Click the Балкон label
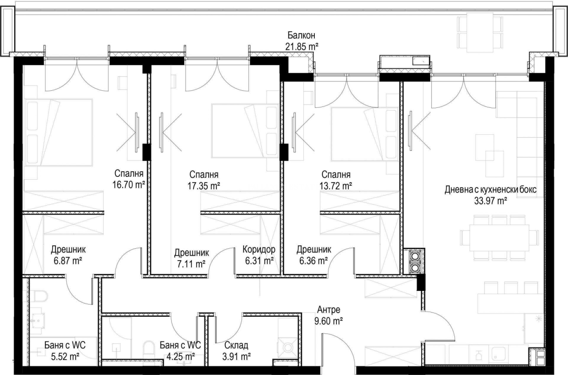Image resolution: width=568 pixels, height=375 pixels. pos(302,35)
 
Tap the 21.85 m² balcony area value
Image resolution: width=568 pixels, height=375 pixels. pos(302,47)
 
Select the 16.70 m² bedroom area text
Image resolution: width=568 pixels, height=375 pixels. pos(129,185)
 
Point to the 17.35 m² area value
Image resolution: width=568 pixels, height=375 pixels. pos(204,186)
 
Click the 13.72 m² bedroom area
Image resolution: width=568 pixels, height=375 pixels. pos(336,186)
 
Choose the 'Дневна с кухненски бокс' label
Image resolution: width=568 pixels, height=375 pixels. pos(490,190)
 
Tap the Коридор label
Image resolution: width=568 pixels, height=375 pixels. pos(259,249)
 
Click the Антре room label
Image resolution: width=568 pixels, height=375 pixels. pos(328,309)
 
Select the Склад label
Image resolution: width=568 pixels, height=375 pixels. pos(236,345)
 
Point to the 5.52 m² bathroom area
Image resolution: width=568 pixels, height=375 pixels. pos(65,357)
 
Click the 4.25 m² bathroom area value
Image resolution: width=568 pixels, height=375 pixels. pos(180,357)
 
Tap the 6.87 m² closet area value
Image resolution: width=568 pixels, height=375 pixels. pos(68,261)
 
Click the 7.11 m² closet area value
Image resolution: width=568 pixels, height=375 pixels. pos(191,264)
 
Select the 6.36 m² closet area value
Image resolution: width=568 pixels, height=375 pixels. pos(314,261)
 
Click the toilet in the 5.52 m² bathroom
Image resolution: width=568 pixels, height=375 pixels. pos(41,297)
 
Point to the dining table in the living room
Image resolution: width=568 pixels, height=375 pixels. pos(499,237)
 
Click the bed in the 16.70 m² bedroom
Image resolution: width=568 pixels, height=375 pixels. pos(59,132)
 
